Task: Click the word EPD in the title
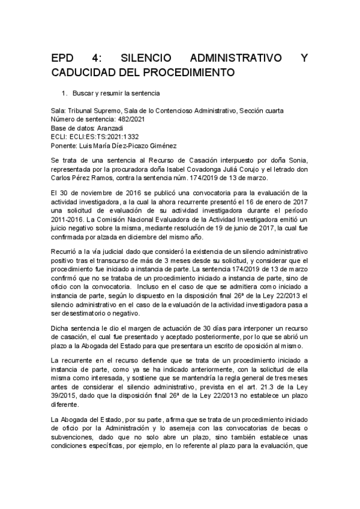[x=62, y=59]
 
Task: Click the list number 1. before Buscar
[x=65, y=94]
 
